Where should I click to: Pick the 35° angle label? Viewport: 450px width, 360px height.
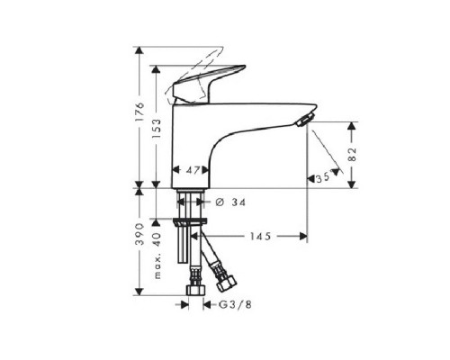322,179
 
